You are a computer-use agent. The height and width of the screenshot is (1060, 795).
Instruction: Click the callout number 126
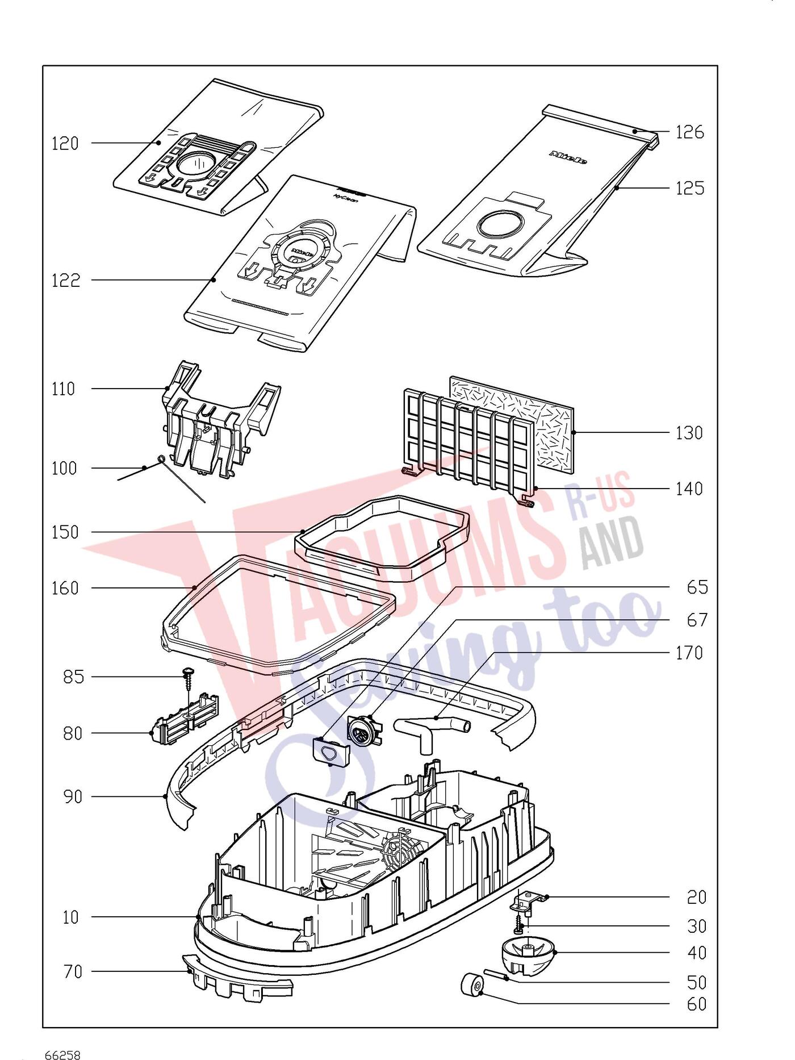coord(689,132)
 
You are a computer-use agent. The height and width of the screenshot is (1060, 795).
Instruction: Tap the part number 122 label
coord(66,281)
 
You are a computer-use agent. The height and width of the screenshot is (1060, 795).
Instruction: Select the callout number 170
coord(689,653)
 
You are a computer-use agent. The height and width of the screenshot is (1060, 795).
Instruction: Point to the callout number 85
coord(73,677)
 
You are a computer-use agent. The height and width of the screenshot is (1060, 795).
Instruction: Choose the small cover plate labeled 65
coord(332,752)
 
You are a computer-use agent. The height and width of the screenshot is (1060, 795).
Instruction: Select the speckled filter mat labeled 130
coord(511,425)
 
